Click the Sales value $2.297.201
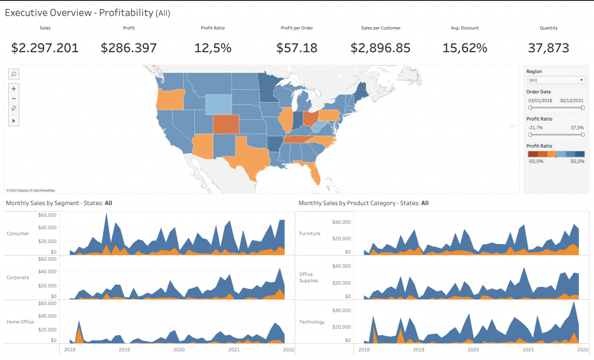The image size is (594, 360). click(45, 48)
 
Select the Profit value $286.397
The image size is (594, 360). click(129, 48)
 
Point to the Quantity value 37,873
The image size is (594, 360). click(548, 48)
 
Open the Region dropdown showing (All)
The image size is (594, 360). click(556, 80)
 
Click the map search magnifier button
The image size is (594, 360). click(14, 74)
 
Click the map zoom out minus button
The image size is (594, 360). click(14, 98)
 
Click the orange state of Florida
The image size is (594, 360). click(315, 172)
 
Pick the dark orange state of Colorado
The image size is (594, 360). click(225, 124)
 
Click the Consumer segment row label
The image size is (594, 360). click(17, 234)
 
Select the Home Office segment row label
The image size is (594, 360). click(20, 321)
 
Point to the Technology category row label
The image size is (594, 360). click(312, 322)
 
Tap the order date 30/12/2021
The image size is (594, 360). click(571, 100)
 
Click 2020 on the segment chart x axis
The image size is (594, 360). click(179, 350)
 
